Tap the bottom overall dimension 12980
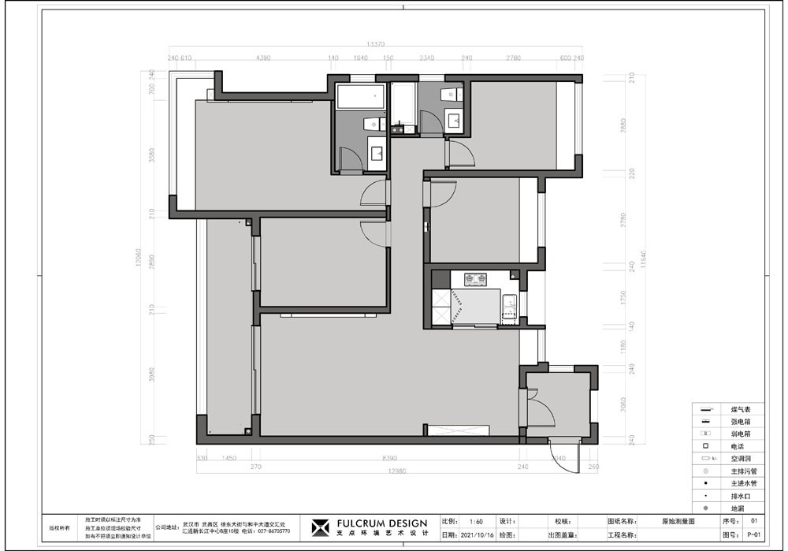(396, 471)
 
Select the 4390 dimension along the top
(263, 58)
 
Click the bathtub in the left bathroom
(361, 97)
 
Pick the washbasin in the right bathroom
(455, 121)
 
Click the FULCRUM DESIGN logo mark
(320, 527)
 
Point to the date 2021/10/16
(478, 535)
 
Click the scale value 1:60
(476, 521)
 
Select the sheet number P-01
(754, 535)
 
